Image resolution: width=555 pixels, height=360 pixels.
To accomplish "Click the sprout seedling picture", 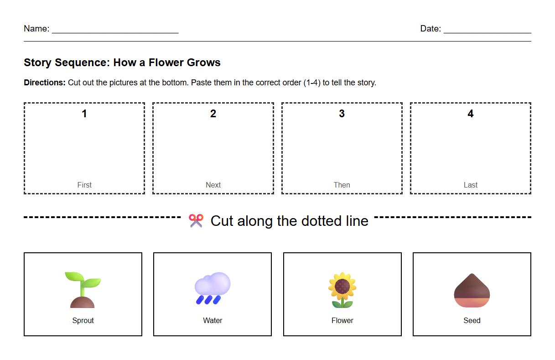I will [x=83, y=289].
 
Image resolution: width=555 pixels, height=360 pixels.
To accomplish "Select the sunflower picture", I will [x=342, y=290].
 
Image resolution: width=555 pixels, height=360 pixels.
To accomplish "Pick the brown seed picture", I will [x=472, y=290].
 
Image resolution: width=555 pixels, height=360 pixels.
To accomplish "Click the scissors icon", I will [x=196, y=221].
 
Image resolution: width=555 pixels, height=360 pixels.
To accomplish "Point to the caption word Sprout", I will [x=83, y=320].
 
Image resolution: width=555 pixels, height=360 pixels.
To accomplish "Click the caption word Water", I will [x=213, y=320].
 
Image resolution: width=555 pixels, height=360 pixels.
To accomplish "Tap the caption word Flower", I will [x=342, y=320].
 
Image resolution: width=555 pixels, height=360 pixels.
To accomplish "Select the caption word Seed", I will [x=472, y=320].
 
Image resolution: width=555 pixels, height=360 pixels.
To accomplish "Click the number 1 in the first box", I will [x=84, y=114].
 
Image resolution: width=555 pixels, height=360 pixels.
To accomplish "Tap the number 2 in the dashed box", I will [x=213, y=114].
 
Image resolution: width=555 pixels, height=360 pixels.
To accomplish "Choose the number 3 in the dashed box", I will [x=342, y=114].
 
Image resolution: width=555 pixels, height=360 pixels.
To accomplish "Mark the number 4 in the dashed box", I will [x=471, y=114].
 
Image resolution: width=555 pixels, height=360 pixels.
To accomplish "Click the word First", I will [x=84, y=185].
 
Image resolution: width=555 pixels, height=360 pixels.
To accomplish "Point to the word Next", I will [x=213, y=185].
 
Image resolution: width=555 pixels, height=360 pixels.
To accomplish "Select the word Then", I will [x=342, y=185].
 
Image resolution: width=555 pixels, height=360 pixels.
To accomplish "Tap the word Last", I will [x=471, y=185].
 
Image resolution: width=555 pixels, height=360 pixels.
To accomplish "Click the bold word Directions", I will [x=45, y=83].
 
